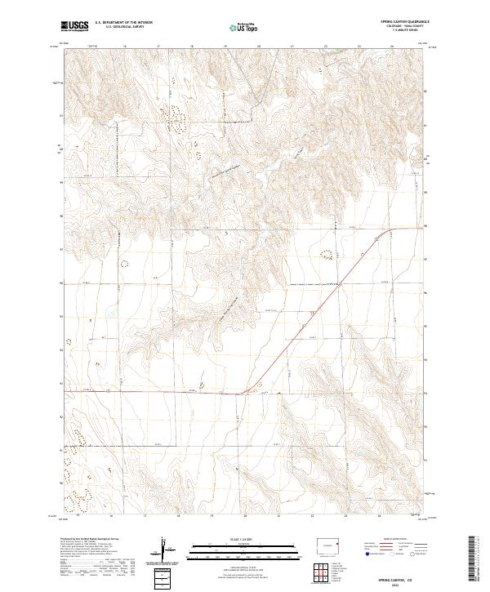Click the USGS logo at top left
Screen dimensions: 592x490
74,26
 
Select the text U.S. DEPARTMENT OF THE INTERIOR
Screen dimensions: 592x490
123,23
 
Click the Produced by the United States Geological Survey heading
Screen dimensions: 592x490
89,539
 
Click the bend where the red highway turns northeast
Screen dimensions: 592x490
245,394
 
